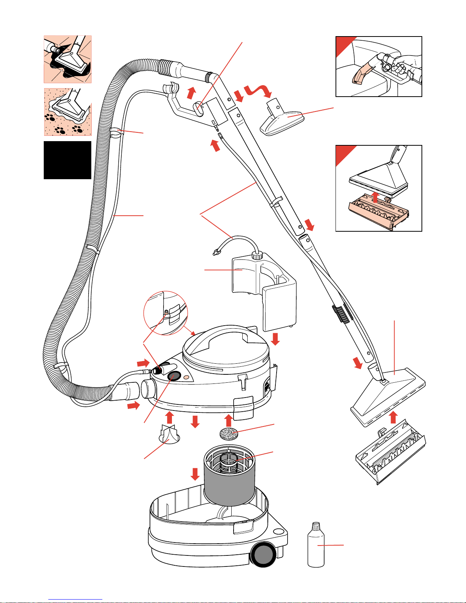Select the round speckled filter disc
click(x=229, y=433)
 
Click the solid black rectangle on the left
click(x=67, y=160)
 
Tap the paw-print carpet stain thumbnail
click(x=68, y=112)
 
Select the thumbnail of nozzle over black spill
click(x=68, y=59)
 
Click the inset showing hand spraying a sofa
click(x=379, y=67)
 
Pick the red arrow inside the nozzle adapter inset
click(x=375, y=197)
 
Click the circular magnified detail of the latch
click(x=166, y=313)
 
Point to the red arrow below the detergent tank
click(x=275, y=339)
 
